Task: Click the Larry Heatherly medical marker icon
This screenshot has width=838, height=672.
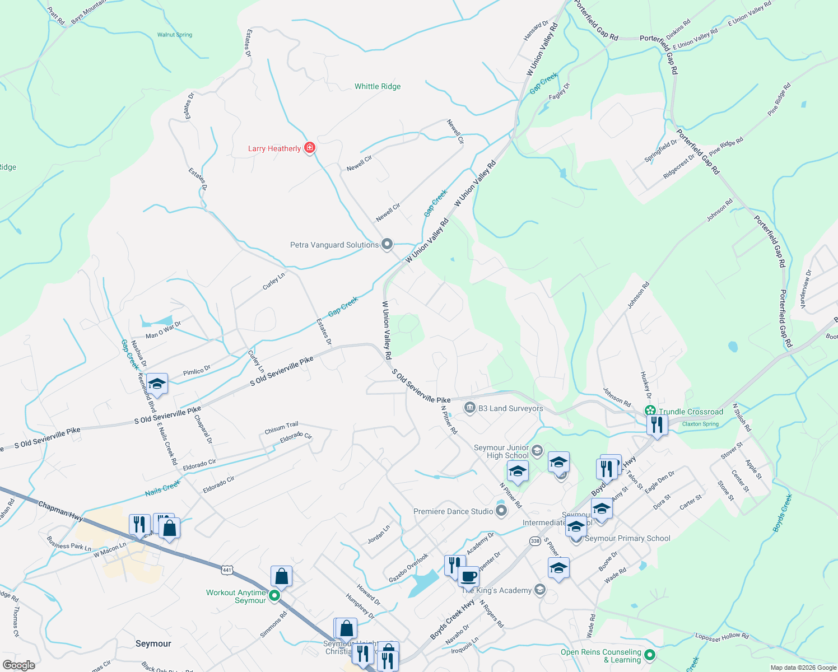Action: (x=309, y=148)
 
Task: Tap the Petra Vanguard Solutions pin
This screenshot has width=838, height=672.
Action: (x=387, y=245)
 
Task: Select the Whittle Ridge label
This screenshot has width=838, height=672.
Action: (x=378, y=86)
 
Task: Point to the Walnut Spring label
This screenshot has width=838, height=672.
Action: (x=175, y=35)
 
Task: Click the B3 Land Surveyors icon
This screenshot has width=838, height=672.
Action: (x=470, y=408)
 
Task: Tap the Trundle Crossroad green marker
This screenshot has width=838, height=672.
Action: (x=649, y=411)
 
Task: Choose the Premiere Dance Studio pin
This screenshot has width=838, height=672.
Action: (x=501, y=511)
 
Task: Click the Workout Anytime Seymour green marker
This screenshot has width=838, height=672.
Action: (x=274, y=596)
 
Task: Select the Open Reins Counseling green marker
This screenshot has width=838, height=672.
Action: (x=650, y=655)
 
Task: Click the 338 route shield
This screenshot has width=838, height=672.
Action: (x=535, y=540)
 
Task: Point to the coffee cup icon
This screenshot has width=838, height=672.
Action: (x=469, y=576)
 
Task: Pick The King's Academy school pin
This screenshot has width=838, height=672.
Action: (x=539, y=590)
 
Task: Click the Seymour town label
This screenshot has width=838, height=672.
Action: (x=153, y=643)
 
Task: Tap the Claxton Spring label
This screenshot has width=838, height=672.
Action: (x=700, y=424)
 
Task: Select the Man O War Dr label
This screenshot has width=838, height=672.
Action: (x=164, y=331)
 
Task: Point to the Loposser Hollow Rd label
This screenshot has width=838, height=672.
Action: (x=721, y=636)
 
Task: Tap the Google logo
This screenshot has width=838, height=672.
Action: (x=18, y=665)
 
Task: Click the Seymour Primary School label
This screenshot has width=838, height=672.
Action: (x=627, y=538)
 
